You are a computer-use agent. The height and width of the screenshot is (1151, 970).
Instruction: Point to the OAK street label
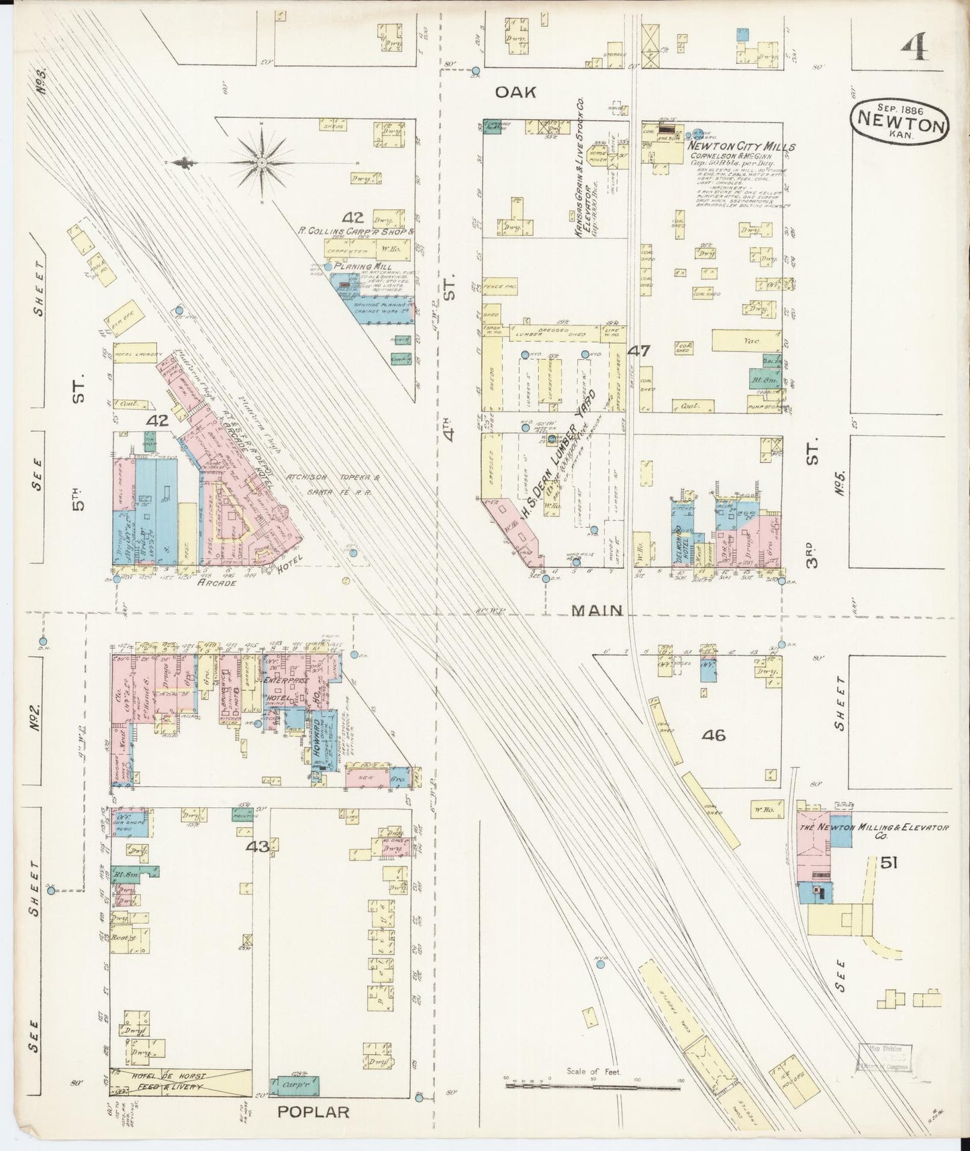click(x=516, y=93)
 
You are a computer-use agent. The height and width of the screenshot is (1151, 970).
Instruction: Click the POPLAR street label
click(x=313, y=1112)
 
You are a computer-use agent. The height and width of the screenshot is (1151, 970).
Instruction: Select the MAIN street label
click(x=597, y=610)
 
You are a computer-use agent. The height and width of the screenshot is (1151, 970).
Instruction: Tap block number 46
click(x=714, y=735)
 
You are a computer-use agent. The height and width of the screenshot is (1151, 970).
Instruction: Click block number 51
click(x=890, y=862)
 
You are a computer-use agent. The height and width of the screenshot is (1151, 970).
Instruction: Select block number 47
click(x=639, y=350)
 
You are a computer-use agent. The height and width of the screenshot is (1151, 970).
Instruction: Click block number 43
click(x=258, y=847)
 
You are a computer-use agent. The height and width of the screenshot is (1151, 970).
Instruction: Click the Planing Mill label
click(x=360, y=265)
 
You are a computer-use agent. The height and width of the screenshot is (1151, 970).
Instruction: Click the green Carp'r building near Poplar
click(x=295, y=1085)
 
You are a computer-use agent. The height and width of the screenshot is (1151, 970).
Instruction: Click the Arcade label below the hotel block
click(x=216, y=583)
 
